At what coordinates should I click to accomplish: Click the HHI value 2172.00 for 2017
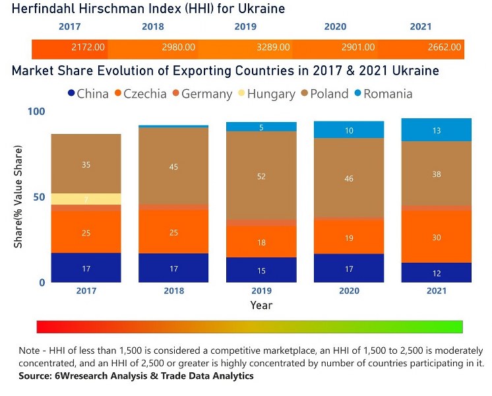point(88,48)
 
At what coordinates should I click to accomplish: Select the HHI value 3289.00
point(273,48)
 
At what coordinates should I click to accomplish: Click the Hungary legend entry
point(266,94)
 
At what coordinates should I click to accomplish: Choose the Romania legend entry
point(382,94)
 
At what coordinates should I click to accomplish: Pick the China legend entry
point(88,94)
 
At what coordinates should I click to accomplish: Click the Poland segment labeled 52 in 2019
point(261,176)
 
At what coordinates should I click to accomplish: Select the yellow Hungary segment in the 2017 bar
point(86,199)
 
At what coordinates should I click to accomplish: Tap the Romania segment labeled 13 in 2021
point(437,131)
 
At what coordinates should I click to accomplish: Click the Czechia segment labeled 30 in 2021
point(437,237)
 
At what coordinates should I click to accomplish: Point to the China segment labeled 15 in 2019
point(261,271)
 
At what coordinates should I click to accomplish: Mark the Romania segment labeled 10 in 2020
point(349,131)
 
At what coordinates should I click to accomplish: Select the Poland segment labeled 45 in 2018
point(173,166)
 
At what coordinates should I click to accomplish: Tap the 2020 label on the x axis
point(349,291)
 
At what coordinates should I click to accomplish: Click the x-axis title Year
point(261,306)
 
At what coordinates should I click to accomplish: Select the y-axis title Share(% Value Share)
point(18,197)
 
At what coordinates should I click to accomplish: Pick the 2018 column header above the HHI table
point(152,27)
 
